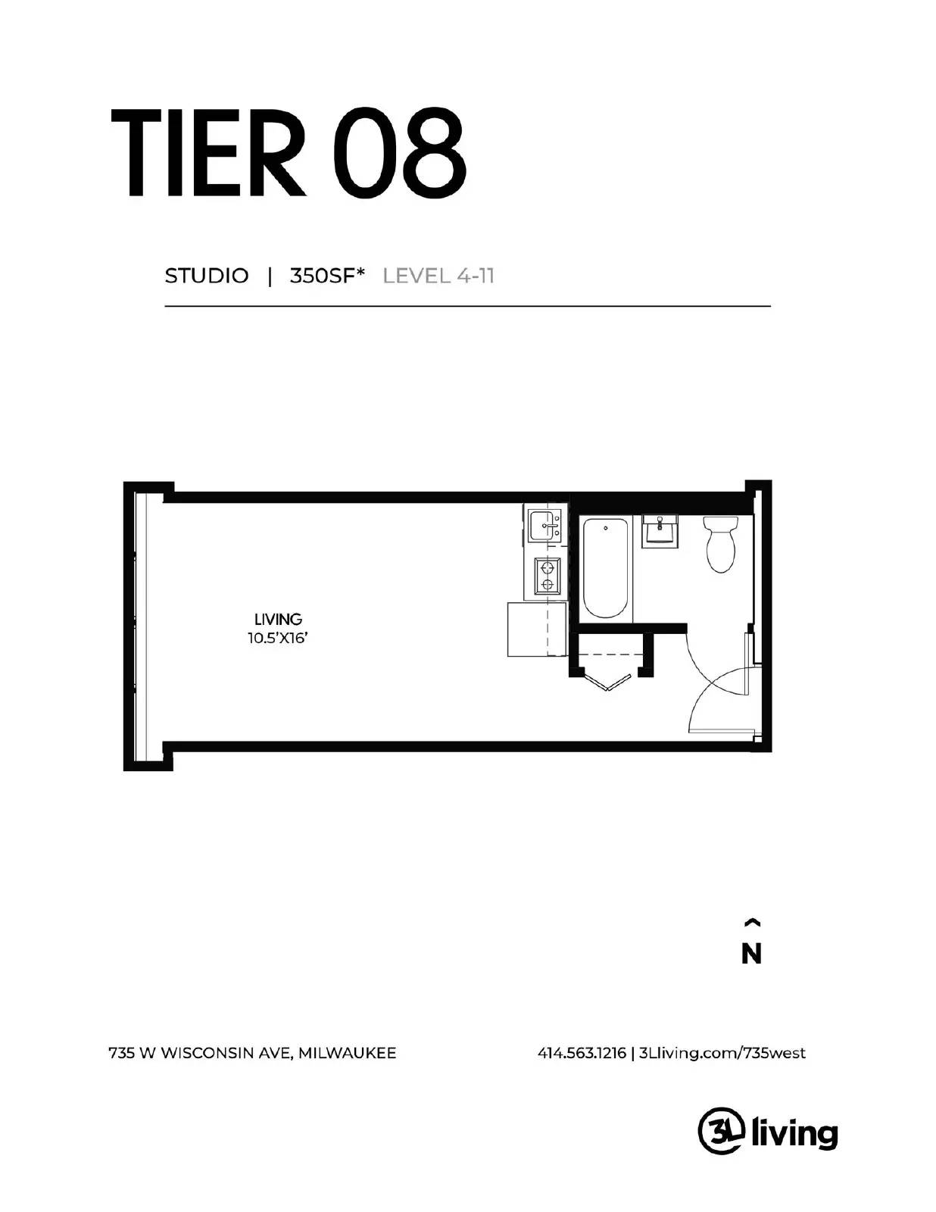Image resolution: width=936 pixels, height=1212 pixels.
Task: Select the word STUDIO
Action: pos(206,276)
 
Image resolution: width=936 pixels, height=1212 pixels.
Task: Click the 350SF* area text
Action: pos(327,276)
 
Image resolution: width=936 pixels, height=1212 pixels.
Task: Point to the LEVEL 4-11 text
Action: pos(438,276)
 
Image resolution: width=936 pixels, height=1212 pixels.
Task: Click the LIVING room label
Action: pos(278,620)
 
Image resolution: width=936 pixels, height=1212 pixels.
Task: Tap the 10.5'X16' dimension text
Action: pos(277,639)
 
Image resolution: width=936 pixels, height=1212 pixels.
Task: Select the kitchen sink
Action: pos(544,525)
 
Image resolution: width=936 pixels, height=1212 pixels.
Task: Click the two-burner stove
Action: pos(545,575)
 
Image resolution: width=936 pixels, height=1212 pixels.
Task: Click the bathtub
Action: pos(606,568)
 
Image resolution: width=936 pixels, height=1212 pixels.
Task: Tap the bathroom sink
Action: pos(660,530)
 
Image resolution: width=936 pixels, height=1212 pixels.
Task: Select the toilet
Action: pos(720,542)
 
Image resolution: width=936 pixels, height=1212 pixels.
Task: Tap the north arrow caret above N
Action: pos(751,923)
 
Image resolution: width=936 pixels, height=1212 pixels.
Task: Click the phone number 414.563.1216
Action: pos(582,1053)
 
